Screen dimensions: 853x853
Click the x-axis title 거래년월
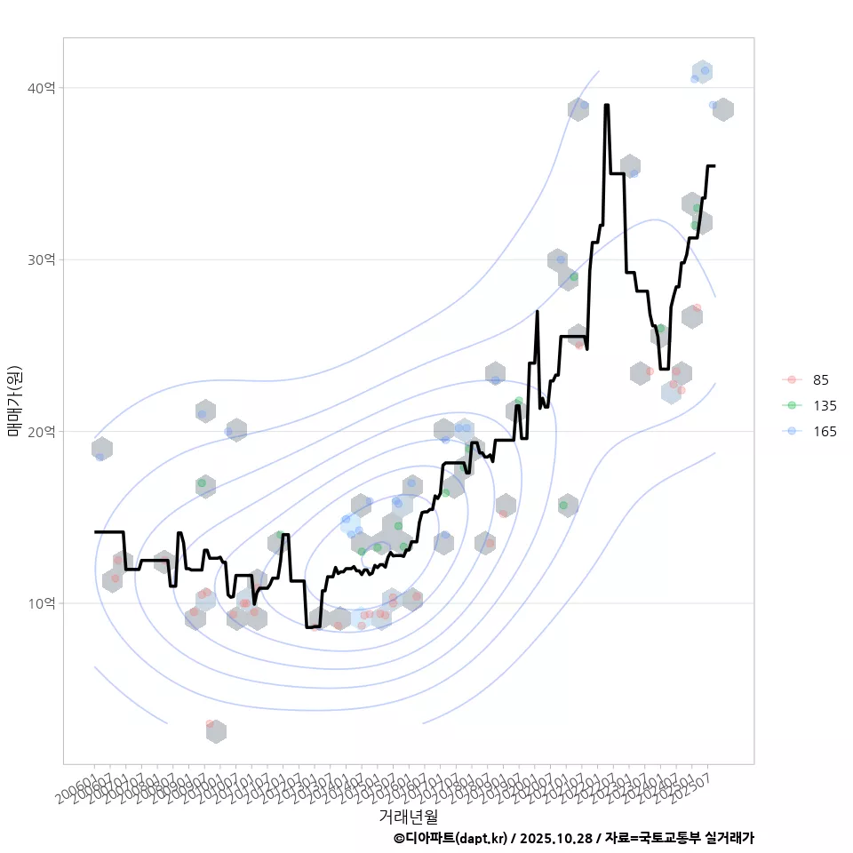(408, 816)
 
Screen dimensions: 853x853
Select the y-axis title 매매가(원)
(15, 401)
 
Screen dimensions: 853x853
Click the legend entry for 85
(820, 380)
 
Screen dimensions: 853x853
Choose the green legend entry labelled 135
(824, 406)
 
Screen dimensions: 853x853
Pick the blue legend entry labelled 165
(824, 432)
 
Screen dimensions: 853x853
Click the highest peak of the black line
(606, 105)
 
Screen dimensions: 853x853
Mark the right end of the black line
(714, 165)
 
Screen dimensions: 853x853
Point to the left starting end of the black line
(95, 531)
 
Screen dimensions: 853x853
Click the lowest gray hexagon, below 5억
(215, 731)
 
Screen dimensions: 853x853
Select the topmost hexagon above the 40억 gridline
(703, 72)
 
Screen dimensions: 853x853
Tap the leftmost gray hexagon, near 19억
(102, 449)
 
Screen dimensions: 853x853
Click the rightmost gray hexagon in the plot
(723, 109)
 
